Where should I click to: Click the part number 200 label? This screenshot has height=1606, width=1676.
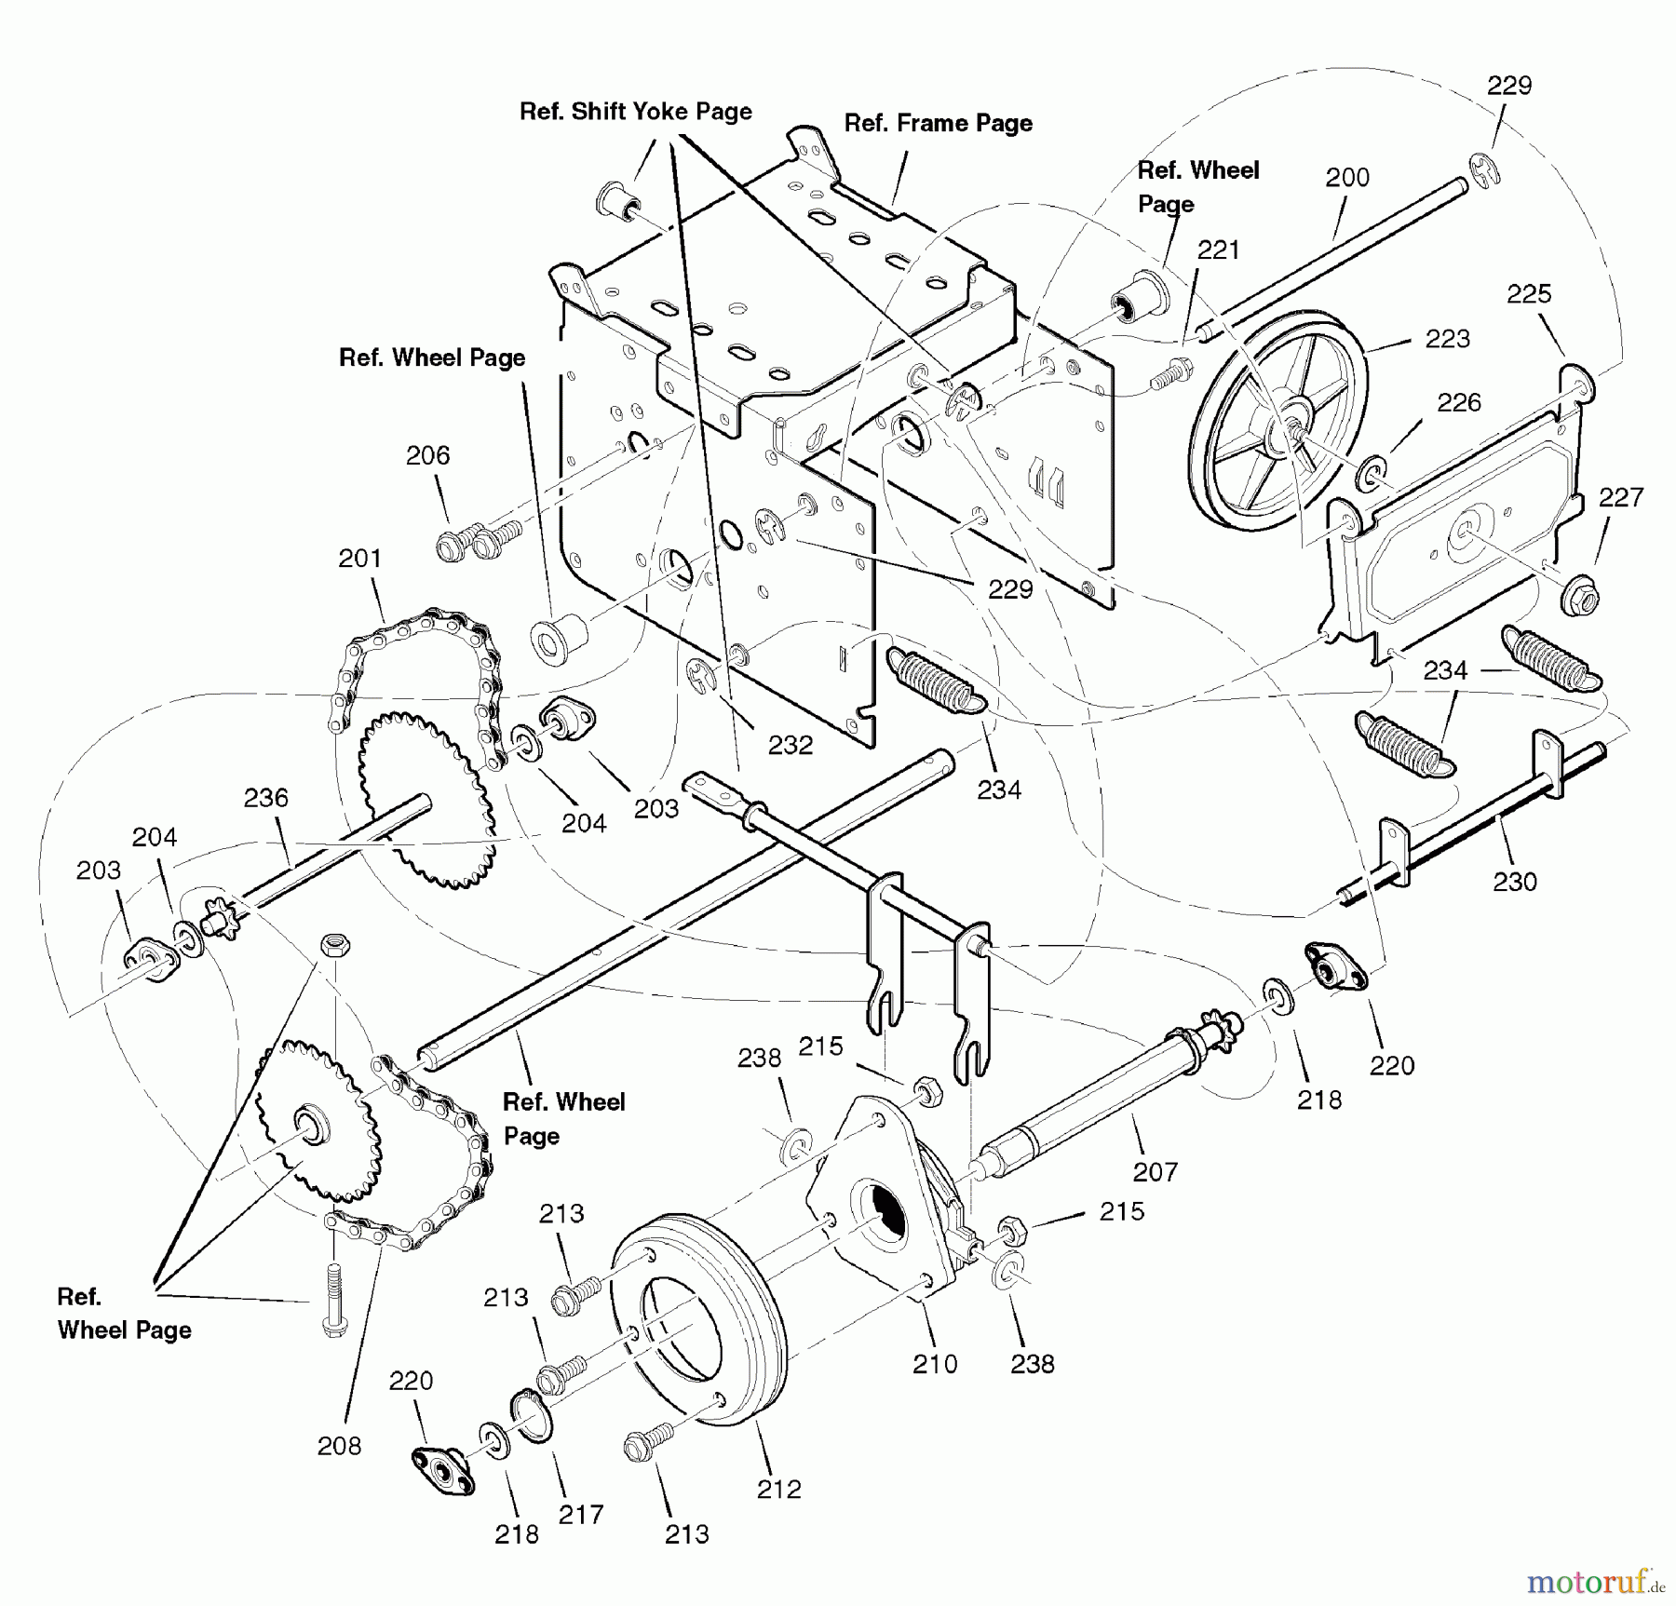tap(1346, 177)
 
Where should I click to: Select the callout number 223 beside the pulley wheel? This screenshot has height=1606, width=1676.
tap(1447, 338)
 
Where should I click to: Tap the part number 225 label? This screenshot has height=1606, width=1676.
tap(1528, 293)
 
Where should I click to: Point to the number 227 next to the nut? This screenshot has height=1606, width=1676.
tap(1620, 497)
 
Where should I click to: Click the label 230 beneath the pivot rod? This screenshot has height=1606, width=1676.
tap(1514, 881)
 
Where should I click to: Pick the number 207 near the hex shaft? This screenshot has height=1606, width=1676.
tap(1155, 1171)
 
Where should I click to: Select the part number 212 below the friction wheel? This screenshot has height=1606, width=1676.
tap(778, 1489)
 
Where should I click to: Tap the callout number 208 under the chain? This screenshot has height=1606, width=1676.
tap(339, 1445)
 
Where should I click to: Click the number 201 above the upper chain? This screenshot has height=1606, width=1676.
tap(359, 558)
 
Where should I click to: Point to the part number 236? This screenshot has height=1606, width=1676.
tap(266, 797)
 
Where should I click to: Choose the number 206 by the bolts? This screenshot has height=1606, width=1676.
tap(427, 455)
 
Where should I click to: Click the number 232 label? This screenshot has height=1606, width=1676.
tap(790, 744)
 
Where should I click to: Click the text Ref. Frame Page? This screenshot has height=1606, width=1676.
tap(938, 123)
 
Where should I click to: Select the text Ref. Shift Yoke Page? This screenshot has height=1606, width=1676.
tap(635, 111)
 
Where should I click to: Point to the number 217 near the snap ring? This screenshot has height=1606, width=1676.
tap(580, 1515)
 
